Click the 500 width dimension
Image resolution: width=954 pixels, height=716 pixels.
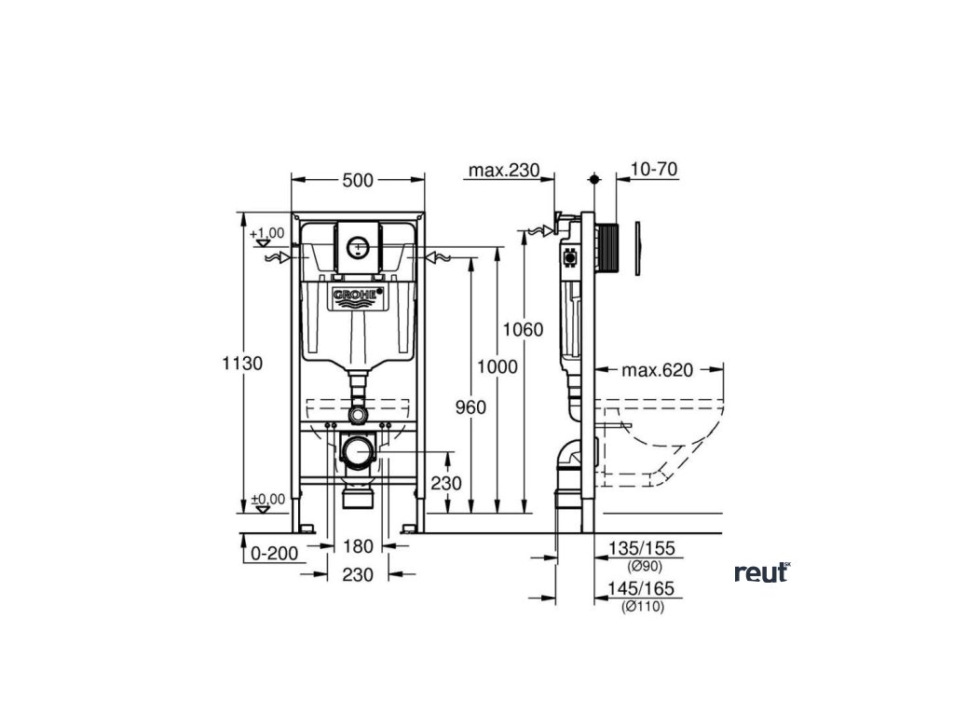pyautogui.click(x=358, y=181)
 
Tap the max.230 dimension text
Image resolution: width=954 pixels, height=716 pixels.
pyautogui.click(x=503, y=170)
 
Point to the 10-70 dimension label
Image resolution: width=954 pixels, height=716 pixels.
pyautogui.click(x=653, y=170)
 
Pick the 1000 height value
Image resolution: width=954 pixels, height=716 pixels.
pyautogui.click(x=497, y=366)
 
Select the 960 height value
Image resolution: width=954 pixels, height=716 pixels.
pyautogui.click(x=470, y=406)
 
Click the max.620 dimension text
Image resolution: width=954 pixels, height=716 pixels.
pyautogui.click(x=658, y=370)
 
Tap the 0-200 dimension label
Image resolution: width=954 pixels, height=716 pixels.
pyautogui.click(x=274, y=553)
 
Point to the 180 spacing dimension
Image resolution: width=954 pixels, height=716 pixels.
pyautogui.click(x=358, y=546)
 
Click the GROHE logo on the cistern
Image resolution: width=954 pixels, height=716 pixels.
pyautogui.click(x=358, y=296)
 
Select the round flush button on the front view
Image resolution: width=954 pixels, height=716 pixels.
pyautogui.click(x=358, y=247)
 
